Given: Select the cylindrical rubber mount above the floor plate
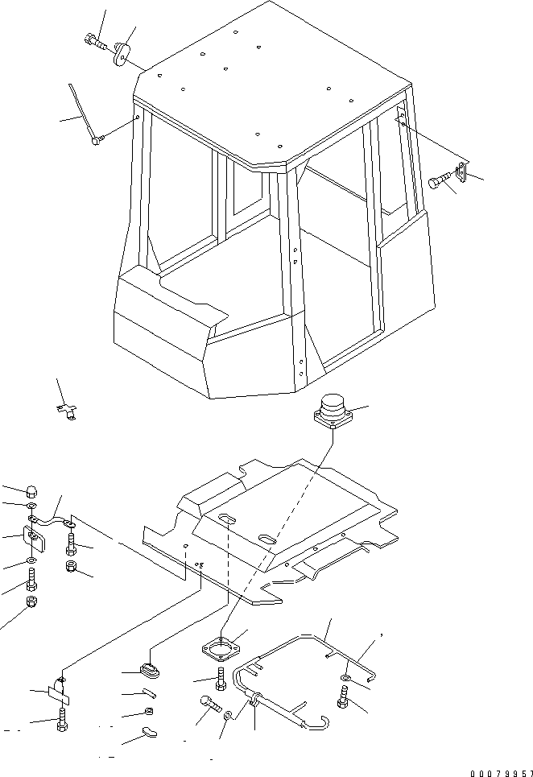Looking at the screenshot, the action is (333, 408).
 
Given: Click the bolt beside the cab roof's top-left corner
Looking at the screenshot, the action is (96, 41).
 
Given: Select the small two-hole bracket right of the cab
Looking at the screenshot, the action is (461, 172).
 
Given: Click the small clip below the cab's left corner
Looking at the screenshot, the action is (67, 411).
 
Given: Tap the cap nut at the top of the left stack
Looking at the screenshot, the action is (31, 492).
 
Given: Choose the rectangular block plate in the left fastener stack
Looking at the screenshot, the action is (35, 539).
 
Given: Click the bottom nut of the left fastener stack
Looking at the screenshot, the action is (31, 601).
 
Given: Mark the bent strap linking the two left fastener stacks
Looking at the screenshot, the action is (52, 521).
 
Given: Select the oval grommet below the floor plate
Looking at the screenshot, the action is (150, 671).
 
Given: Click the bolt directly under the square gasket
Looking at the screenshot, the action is (221, 678).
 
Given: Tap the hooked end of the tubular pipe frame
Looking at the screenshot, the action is (317, 721).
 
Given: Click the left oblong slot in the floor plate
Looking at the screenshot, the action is (226, 517).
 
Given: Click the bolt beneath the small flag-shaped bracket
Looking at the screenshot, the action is (61, 719).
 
